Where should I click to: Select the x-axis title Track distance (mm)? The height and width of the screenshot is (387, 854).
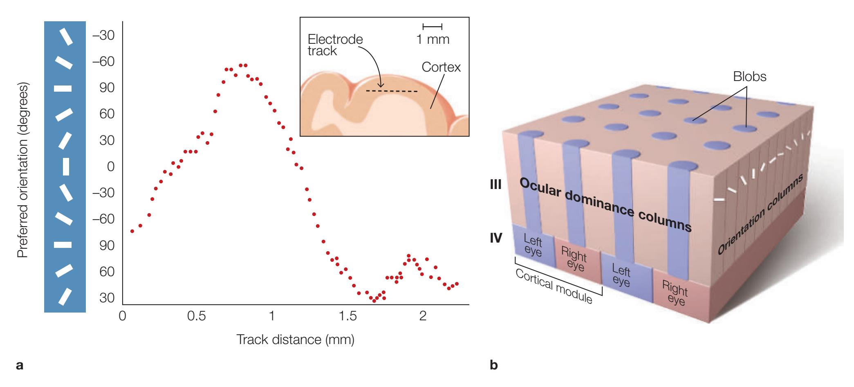pos(295,340)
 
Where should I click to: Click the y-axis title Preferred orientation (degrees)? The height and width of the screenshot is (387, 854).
pos(23,171)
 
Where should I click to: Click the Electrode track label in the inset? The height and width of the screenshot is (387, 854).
pos(335,45)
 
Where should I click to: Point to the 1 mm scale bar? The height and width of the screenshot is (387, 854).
pos(433,27)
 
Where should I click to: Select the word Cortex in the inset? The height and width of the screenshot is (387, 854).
pos(441,67)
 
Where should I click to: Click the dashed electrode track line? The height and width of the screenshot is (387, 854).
pos(392,91)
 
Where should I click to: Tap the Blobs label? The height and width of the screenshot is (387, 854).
pos(749,76)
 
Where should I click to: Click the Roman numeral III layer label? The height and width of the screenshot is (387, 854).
pos(495,185)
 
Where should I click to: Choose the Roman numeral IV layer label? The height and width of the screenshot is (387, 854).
pos(495,238)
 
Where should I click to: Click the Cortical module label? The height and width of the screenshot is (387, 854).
pos(554,286)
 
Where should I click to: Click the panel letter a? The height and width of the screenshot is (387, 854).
pos(19,364)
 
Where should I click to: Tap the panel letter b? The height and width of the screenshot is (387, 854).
pos(494,364)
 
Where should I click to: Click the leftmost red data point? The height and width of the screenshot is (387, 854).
pos(132,231)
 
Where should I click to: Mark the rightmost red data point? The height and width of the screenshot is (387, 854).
pos(457,283)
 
